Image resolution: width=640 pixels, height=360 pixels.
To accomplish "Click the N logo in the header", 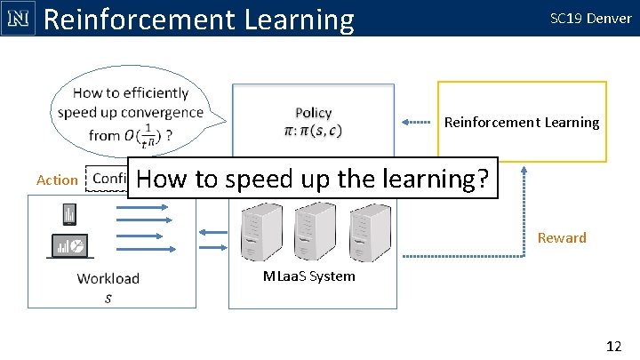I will pos(17,18).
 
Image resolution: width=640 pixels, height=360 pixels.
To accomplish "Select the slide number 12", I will pos(612,346).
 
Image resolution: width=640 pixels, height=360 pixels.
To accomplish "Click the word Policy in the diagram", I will pos(313,113).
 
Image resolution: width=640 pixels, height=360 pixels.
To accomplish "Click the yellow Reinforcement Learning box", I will pos(522,122).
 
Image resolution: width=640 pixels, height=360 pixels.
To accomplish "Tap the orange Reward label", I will pos(562,237).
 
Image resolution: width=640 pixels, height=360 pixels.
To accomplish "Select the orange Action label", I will pos(57,180).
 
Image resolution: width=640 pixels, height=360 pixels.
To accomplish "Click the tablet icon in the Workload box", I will pos(68,214).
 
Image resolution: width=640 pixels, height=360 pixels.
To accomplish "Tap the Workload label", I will pos(108,278).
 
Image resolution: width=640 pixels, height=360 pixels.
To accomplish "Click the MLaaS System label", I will pos(309,276).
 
